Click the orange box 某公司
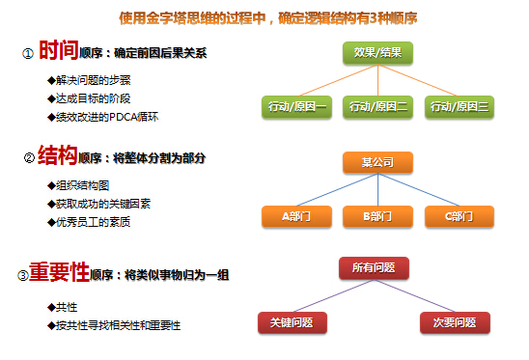[377, 162]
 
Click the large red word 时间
[59, 51]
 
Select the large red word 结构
[57, 154]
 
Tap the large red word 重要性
[59, 273]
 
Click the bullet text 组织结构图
[84, 185]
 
